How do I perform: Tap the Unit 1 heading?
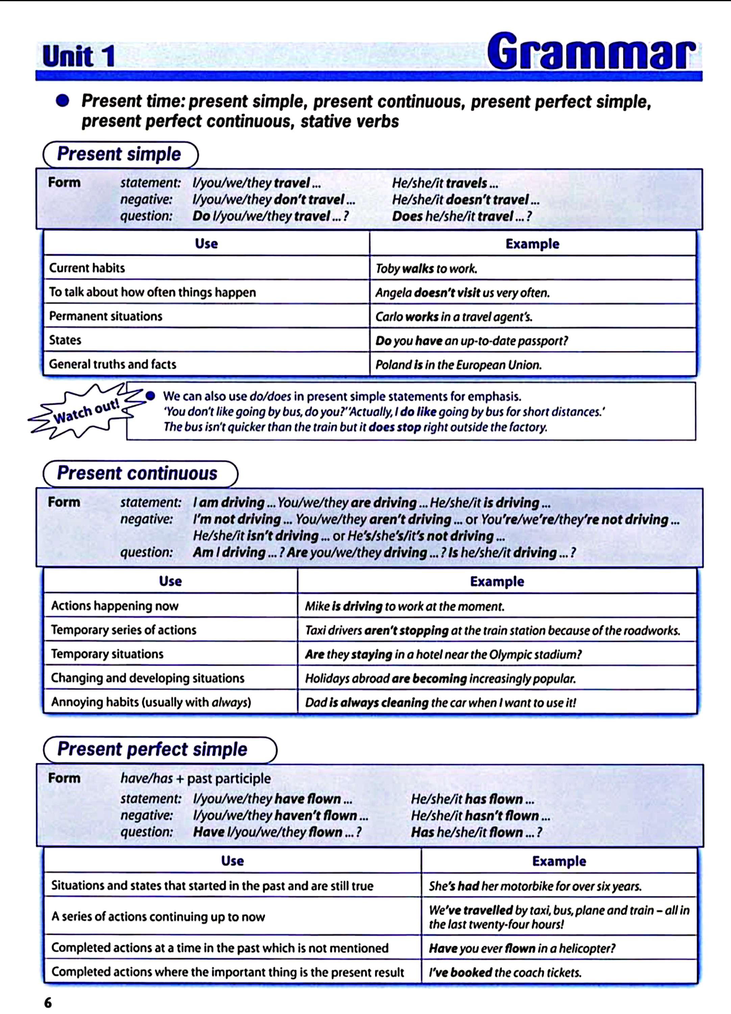coord(79,57)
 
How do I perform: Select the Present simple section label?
coord(119,154)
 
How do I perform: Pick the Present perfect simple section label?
coord(152,749)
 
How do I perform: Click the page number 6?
coord(48,1003)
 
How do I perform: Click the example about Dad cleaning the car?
coord(440,702)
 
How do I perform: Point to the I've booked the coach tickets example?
coord(505,972)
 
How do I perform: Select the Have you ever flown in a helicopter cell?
coord(522,948)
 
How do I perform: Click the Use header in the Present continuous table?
coord(170,581)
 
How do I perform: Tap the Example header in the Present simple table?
coord(532,244)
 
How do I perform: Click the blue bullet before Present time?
coord(63,101)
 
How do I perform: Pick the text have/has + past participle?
coord(195,778)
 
